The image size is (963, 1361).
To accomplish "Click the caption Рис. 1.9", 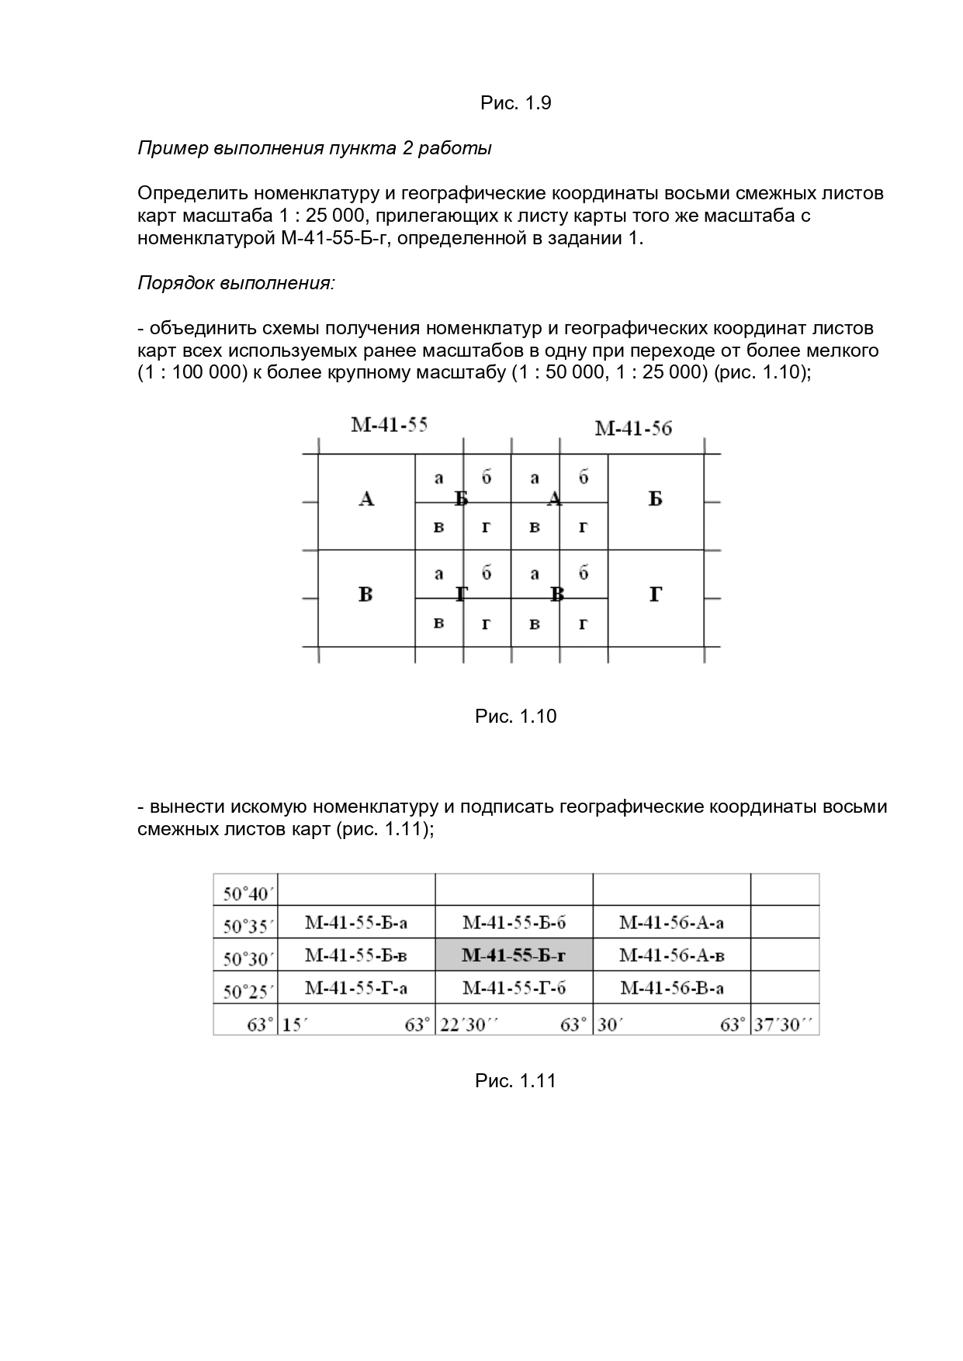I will click(515, 103).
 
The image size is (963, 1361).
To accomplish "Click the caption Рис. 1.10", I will click(515, 716).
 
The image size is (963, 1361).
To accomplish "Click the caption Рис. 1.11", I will click(515, 1080).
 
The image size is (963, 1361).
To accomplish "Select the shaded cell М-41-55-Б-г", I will click(514, 955).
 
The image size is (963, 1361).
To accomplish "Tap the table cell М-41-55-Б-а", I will click(356, 922).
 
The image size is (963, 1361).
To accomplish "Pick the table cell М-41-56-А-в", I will click(671, 955).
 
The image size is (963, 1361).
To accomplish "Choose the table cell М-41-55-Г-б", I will click(514, 987).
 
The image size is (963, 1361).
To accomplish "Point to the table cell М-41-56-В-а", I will click(671, 987).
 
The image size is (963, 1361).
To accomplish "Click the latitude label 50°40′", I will click(246, 893).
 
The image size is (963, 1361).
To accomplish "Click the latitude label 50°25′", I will click(246, 991).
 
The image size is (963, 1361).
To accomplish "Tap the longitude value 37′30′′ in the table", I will click(785, 1024).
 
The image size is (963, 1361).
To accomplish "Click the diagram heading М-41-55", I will click(389, 425).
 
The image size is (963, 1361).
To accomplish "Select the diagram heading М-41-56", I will click(632, 428).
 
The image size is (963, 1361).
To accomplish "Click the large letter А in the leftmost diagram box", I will click(366, 499).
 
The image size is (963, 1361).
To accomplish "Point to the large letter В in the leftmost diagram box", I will click(365, 595).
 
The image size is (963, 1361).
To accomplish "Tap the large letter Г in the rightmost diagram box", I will click(655, 595).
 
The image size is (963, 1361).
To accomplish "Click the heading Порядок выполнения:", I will click(236, 282).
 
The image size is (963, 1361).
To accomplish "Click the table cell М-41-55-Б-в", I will click(356, 955).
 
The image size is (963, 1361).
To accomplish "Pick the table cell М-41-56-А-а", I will click(671, 922).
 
